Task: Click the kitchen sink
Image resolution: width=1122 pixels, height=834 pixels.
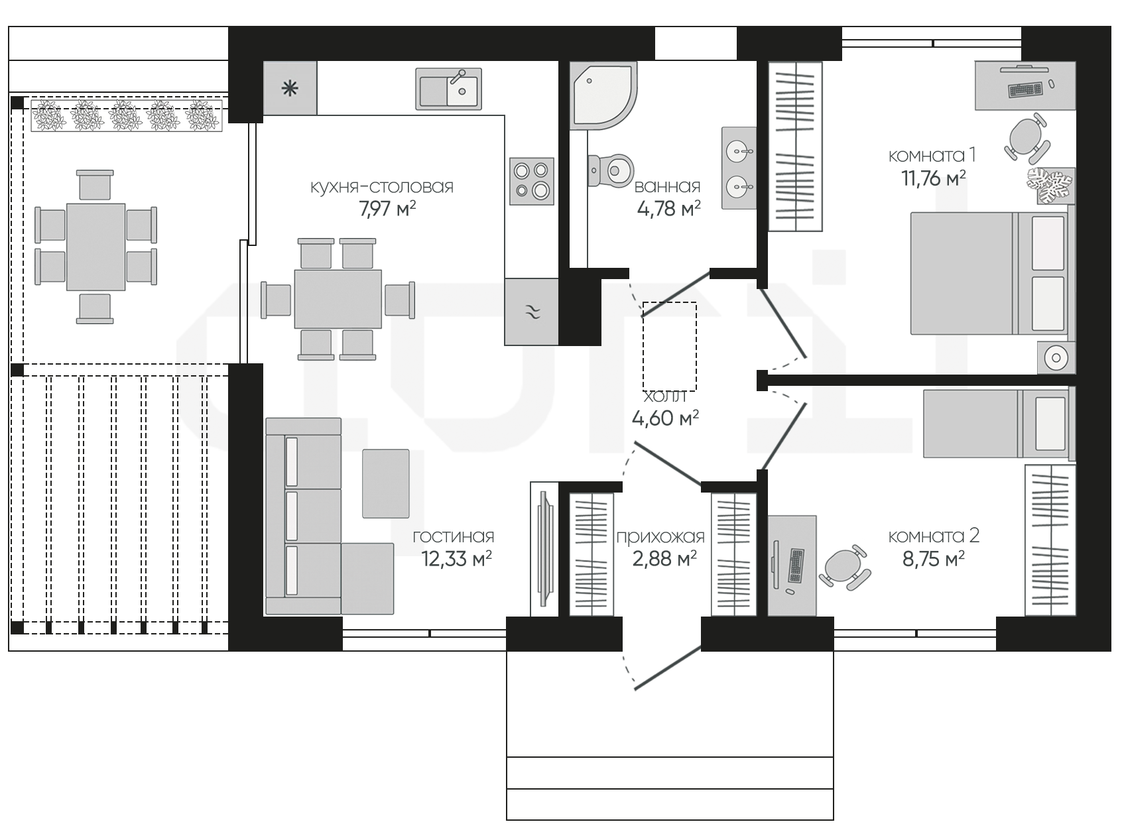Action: pos(448,89)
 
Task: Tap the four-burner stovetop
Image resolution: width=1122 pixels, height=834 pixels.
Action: pos(532,181)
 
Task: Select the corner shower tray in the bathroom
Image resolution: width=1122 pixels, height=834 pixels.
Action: pos(603,95)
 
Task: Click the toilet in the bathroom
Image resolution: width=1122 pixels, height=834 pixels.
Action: pos(611,171)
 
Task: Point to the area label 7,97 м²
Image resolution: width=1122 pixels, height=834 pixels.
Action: pos(387,208)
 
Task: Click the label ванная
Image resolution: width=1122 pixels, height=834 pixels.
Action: pos(667,186)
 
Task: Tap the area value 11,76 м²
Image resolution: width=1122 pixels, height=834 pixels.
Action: pos(933,178)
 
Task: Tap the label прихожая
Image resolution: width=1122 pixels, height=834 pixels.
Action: pos(660,537)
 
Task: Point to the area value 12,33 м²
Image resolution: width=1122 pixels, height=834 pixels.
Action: pos(456,559)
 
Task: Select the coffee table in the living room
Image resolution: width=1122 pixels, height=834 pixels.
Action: pos(385,483)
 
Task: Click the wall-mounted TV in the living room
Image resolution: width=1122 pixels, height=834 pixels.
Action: pos(544,548)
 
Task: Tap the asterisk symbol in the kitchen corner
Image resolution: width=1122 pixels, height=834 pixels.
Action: pos(290,89)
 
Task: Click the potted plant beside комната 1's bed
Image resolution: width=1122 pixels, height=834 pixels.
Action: pos(1050,185)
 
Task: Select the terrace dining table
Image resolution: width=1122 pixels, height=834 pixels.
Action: pos(95,247)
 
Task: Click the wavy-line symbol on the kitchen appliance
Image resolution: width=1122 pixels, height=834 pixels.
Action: pos(532,312)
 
